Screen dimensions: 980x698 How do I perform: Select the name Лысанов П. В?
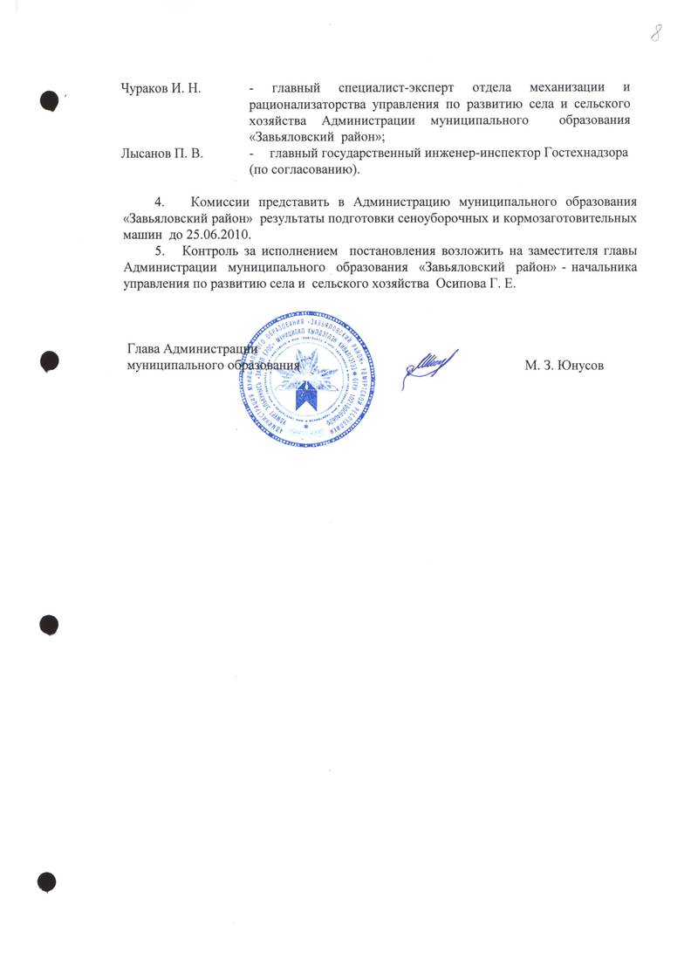point(161,154)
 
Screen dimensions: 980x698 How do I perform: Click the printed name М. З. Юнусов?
point(565,366)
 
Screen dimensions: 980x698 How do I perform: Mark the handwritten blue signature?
point(428,364)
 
